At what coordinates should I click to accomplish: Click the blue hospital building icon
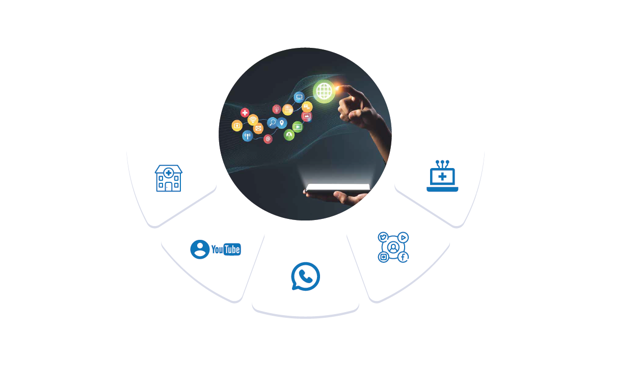click(x=168, y=178)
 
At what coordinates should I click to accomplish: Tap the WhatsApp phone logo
click(x=305, y=277)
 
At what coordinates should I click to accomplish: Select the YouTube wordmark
click(x=226, y=250)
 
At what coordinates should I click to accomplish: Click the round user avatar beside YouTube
click(x=200, y=250)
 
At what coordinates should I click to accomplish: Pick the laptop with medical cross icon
click(x=442, y=177)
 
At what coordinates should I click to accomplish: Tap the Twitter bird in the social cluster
click(x=383, y=237)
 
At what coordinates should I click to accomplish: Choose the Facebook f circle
click(x=403, y=257)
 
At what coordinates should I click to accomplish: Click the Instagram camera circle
click(x=384, y=257)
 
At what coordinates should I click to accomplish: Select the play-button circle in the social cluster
click(x=403, y=237)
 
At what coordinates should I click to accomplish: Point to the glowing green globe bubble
click(x=324, y=92)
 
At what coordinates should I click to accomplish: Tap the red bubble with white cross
click(x=245, y=113)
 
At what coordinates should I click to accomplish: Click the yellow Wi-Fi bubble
click(x=253, y=120)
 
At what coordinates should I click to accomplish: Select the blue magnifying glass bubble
click(x=273, y=123)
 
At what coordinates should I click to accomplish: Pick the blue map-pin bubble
click(x=282, y=123)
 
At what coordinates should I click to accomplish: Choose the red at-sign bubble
click(x=268, y=139)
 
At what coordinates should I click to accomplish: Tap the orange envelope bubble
click(x=258, y=129)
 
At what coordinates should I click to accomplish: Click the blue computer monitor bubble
click(x=299, y=97)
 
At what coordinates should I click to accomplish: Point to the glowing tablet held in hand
click(x=338, y=188)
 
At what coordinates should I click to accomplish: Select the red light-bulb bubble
click(x=277, y=109)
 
